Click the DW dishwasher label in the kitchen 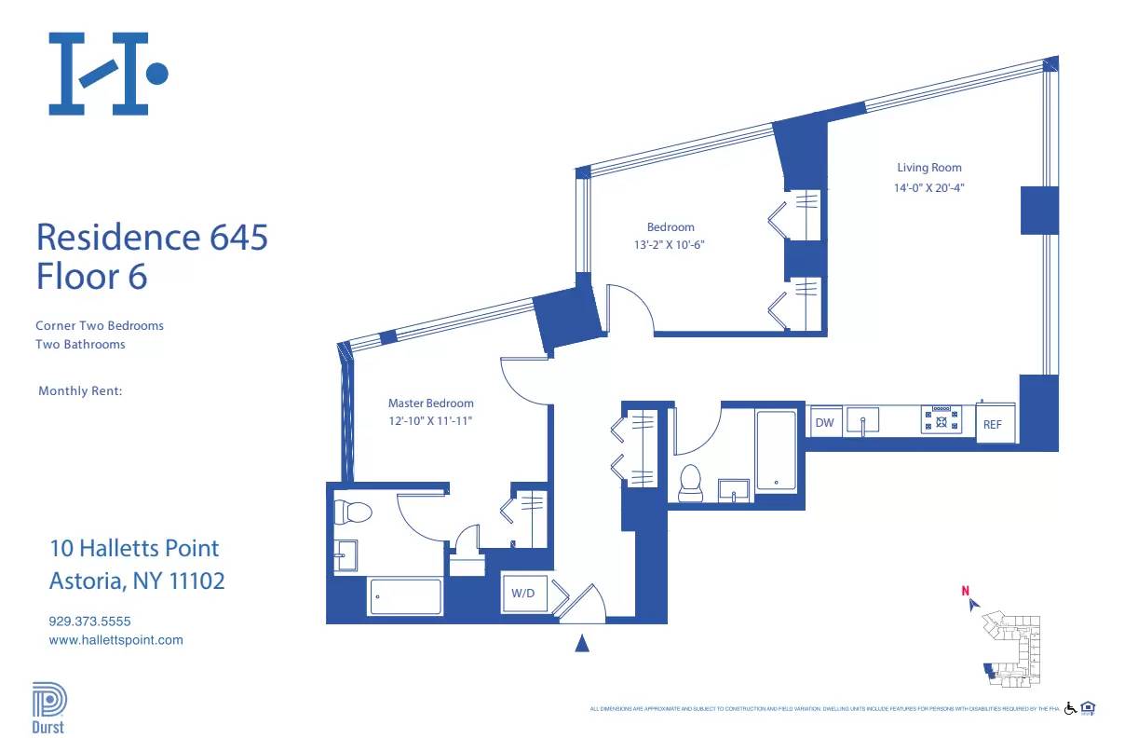pyautogui.click(x=824, y=423)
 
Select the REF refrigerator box pyautogui.click(x=993, y=424)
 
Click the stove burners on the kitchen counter pyautogui.click(x=942, y=419)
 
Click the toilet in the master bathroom pyautogui.click(x=353, y=511)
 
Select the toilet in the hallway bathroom pyautogui.click(x=691, y=481)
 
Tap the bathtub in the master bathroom pyautogui.click(x=405, y=596)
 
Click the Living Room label pyautogui.click(x=929, y=168)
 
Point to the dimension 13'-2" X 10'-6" pyautogui.click(x=671, y=245)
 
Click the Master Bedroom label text pyautogui.click(x=430, y=403)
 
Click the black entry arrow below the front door pyautogui.click(x=582, y=643)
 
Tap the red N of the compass pyautogui.click(x=966, y=589)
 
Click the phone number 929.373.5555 pyautogui.click(x=89, y=621)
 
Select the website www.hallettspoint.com pyautogui.click(x=115, y=640)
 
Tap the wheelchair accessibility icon pyautogui.click(x=1070, y=708)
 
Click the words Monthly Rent pyautogui.click(x=80, y=391)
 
